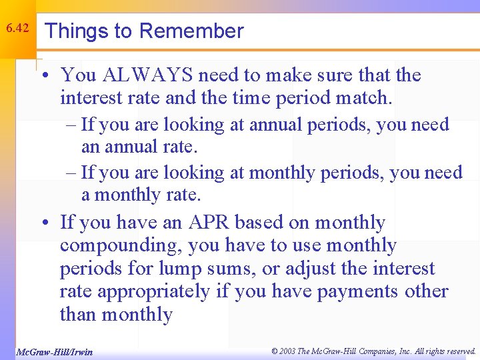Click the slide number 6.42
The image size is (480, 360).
tap(17, 29)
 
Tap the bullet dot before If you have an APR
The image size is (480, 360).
tap(43, 223)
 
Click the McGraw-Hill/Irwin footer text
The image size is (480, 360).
tap(53, 351)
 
